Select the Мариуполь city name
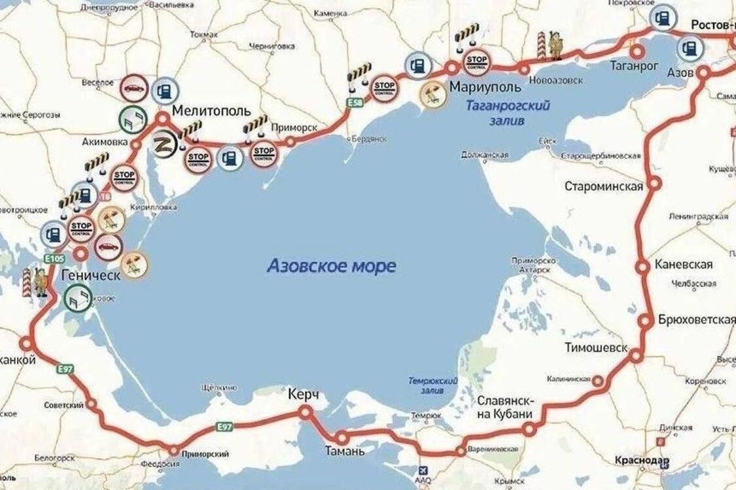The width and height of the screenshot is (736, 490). pos(485,87)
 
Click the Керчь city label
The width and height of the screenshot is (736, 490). pos(303,396)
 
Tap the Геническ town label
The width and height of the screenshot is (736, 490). pos(90,275)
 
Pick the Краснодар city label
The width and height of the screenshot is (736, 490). pos(642,461)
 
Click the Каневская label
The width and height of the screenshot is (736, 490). pos(684,265)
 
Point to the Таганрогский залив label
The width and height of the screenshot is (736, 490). pos(508,112)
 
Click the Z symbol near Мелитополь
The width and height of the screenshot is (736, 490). pos(160,144)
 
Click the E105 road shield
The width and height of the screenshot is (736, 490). pos(54,259)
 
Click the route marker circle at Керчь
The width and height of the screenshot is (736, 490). pos(305,412)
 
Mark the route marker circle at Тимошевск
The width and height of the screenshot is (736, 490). pos(637,356)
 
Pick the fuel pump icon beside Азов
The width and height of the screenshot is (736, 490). pos(690,46)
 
